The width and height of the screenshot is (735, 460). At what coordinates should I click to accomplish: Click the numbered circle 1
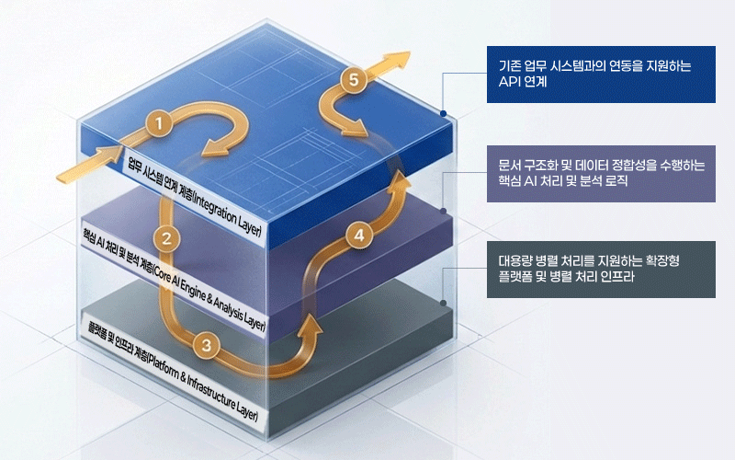(x=159, y=124)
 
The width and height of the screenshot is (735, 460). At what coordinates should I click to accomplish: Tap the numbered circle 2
(x=166, y=239)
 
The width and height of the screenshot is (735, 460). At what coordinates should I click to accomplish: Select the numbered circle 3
(x=206, y=346)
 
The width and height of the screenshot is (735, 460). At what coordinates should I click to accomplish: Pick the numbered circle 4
(x=359, y=236)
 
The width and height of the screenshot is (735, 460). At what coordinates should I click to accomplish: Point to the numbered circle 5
(x=354, y=79)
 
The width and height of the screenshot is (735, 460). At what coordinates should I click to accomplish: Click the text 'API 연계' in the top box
(x=523, y=82)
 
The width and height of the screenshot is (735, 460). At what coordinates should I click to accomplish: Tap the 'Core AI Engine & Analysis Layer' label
(x=174, y=281)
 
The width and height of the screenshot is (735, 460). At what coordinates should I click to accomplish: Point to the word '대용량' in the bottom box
(x=514, y=261)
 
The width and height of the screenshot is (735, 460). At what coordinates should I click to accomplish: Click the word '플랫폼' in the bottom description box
(x=514, y=277)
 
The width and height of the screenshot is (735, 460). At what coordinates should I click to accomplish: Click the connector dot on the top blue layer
(x=443, y=113)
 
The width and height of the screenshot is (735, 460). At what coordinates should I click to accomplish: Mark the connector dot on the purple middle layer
(x=444, y=212)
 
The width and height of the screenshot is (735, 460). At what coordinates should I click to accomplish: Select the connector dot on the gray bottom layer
(x=443, y=304)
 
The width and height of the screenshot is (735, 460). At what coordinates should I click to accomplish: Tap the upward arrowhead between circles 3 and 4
(x=310, y=328)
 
